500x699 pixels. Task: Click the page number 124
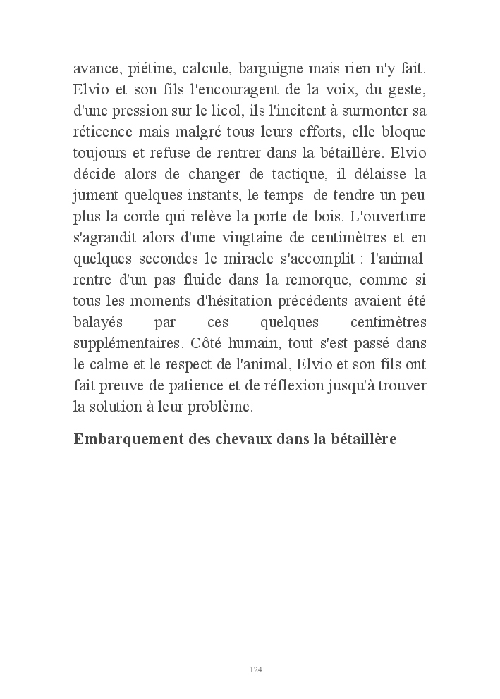coord(256,669)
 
